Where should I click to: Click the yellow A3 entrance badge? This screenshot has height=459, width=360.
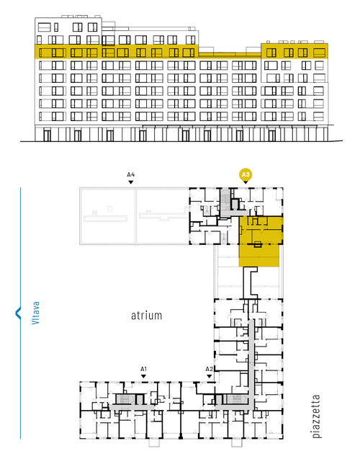(x=246, y=175)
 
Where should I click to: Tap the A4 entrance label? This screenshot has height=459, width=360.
(x=131, y=175)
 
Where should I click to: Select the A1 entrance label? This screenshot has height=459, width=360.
(x=143, y=369)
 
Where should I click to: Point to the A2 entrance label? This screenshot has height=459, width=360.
(x=209, y=369)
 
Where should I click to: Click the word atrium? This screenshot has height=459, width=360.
(x=146, y=316)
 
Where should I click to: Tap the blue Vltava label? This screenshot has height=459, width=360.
(x=35, y=313)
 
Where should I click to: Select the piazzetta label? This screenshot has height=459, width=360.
(x=316, y=416)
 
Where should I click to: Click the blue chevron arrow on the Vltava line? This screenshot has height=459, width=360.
(x=18, y=313)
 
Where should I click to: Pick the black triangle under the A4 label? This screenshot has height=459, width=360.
(x=131, y=182)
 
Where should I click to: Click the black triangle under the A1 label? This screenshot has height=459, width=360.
(x=143, y=376)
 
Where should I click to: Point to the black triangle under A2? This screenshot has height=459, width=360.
(x=209, y=376)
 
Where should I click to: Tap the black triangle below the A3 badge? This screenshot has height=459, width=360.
(x=246, y=182)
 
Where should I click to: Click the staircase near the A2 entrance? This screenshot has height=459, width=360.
(x=235, y=399)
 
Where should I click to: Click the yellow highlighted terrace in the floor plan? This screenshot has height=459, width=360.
(x=259, y=256)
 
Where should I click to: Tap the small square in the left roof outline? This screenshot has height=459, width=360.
(x=109, y=208)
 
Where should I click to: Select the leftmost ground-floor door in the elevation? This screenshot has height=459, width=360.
(x=47, y=135)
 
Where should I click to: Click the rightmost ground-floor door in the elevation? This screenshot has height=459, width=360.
(x=271, y=135)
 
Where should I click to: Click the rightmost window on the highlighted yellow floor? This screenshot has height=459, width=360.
(x=319, y=53)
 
